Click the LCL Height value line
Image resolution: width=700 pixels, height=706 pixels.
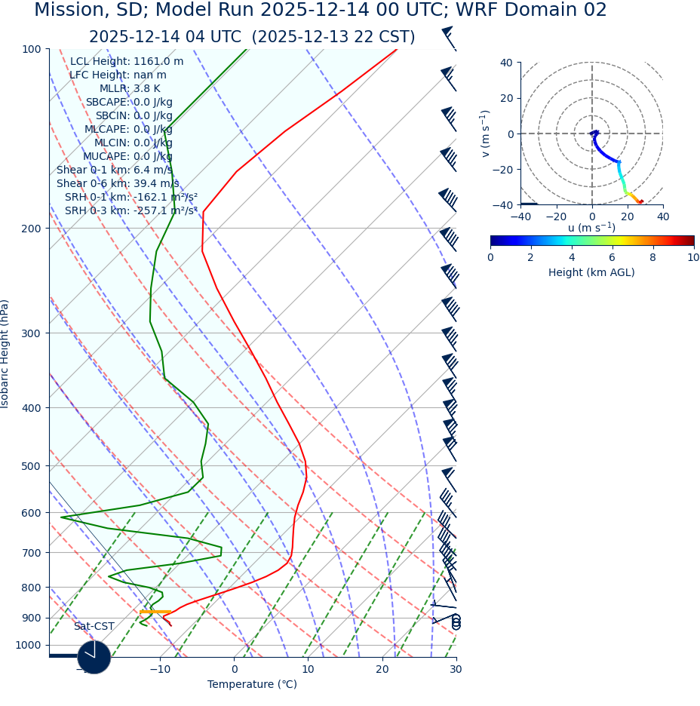tap(127, 62)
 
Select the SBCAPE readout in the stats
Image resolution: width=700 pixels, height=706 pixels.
tap(129, 103)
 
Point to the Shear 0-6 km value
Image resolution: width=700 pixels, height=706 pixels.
tap(118, 184)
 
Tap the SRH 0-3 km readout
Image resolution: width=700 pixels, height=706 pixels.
tap(130, 211)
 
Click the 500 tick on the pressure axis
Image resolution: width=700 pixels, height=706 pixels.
tap(31, 466)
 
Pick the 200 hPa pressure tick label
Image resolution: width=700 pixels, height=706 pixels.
tap(31, 229)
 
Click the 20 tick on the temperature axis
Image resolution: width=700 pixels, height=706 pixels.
tap(382, 669)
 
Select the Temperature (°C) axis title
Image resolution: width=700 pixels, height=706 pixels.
tap(252, 685)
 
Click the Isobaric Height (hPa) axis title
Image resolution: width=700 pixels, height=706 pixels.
tap(5, 354)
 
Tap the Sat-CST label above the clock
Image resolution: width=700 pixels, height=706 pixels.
tap(94, 627)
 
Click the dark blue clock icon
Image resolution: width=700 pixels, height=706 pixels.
tap(94, 657)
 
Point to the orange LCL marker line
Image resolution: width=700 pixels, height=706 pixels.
tap(155, 612)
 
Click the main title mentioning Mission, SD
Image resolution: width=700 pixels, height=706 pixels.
tap(321, 11)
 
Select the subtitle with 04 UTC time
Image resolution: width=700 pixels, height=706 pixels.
tap(252, 38)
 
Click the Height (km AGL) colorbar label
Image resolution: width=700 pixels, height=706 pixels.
tap(591, 273)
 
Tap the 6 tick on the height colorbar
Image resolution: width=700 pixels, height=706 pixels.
tap(612, 258)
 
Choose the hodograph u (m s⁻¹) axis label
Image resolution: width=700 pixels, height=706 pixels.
tap(591, 228)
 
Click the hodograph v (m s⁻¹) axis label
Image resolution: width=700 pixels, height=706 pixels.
tap(486, 134)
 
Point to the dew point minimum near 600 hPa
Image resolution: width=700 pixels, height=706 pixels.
tap(62, 517)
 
